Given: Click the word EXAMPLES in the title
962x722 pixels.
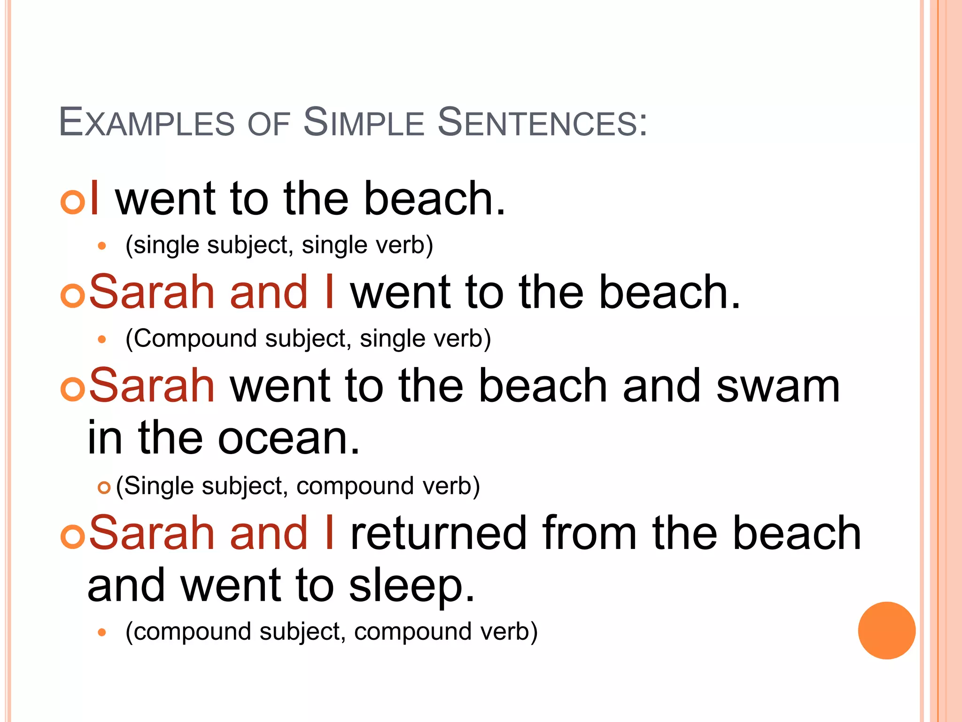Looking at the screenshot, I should point(147,123).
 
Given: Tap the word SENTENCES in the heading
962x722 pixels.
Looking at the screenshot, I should point(543,123).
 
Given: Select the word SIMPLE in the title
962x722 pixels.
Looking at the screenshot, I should point(364,123).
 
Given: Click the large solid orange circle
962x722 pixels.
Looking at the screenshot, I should point(886,630).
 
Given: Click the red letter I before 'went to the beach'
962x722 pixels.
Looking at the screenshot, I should point(94,198).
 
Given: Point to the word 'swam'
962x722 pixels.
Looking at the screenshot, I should point(778,386).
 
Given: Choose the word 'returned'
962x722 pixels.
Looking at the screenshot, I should point(438,533).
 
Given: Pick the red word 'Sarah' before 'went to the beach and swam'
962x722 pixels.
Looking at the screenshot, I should point(152,386).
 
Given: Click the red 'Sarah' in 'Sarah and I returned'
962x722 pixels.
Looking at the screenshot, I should point(152,533).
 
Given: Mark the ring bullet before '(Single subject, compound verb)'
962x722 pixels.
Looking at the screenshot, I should point(104,488).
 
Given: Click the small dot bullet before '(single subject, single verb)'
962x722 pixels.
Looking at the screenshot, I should point(102,245).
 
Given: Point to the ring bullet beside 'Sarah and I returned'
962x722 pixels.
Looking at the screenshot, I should point(73,536).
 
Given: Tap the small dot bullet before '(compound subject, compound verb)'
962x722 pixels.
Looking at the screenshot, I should point(102,632).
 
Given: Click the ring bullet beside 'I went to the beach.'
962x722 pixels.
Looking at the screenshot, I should point(73,202).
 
